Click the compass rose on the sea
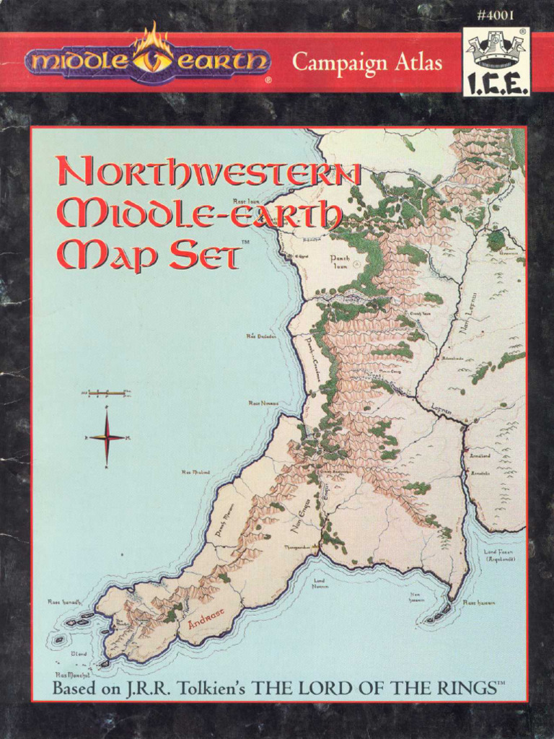coord(107,437)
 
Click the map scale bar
coord(106,393)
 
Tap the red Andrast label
coord(206,618)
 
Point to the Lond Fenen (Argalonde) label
coord(498,555)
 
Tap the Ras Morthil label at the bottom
coord(71,674)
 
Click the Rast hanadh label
coord(63,601)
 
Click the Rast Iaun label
coord(245,201)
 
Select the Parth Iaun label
coord(339,261)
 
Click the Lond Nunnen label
coord(320,583)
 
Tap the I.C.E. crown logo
coord(496,62)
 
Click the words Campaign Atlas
coord(366,64)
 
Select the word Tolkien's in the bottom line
coord(213,688)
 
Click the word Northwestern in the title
coord(209,176)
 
